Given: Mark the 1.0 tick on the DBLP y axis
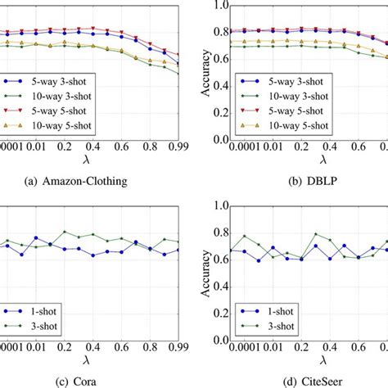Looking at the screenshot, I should click(x=217, y=4).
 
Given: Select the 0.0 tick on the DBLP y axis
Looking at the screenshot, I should click(x=217, y=139).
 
